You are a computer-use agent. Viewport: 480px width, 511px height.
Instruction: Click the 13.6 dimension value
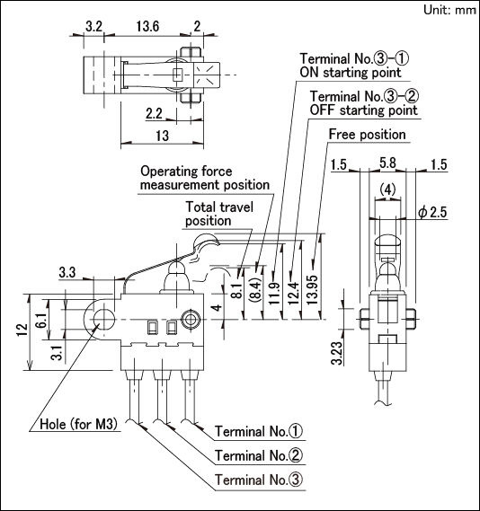[x=147, y=26]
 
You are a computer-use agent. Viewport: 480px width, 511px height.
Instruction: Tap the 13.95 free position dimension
[x=312, y=290]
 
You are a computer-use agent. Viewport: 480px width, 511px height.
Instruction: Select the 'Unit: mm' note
[x=450, y=10]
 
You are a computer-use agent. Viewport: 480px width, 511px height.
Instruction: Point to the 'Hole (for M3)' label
[x=78, y=424]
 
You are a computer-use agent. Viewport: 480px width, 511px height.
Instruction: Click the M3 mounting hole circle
[x=104, y=319]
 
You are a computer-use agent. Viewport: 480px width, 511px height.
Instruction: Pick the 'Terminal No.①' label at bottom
[x=259, y=431]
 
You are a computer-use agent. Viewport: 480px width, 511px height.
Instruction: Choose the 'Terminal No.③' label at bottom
[x=259, y=480]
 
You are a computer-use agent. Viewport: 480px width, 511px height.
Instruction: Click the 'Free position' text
[x=367, y=135]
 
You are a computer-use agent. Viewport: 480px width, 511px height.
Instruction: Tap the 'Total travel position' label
[x=219, y=214]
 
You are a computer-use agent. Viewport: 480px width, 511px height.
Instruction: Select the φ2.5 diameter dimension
[x=432, y=212]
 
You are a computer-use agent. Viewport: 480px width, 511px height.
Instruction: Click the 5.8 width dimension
[x=387, y=163]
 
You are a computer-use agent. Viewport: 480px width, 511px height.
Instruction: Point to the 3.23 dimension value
[x=337, y=352]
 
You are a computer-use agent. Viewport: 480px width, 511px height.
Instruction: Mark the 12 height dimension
[x=22, y=330]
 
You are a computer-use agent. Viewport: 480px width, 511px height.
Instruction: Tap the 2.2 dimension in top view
[x=154, y=113]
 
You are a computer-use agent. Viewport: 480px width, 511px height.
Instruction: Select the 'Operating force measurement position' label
[x=205, y=178]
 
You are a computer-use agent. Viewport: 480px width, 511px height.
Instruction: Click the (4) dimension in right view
[x=388, y=189]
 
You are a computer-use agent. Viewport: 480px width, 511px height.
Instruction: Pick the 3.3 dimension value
[x=67, y=272]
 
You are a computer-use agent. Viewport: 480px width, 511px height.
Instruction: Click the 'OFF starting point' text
[x=363, y=110]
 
